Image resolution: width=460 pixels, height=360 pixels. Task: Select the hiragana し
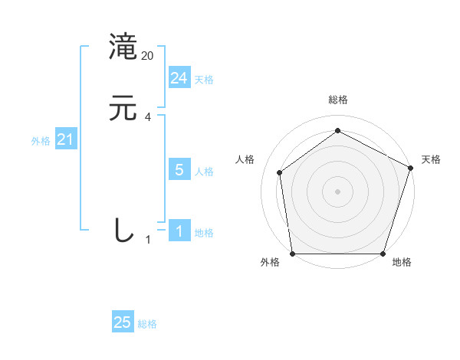pyautogui.click(x=123, y=230)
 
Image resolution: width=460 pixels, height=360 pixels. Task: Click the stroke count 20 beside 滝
pyautogui.click(x=148, y=56)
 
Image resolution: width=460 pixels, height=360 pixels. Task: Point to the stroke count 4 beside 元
pyautogui.click(x=148, y=117)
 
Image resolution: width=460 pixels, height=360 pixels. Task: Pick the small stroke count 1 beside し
pyautogui.click(x=148, y=240)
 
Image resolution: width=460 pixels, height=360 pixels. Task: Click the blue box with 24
pyautogui.click(x=179, y=78)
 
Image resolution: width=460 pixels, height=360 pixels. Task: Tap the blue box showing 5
pyautogui.click(x=179, y=170)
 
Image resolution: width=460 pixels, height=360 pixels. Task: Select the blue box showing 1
pyautogui.click(x=179, y=231)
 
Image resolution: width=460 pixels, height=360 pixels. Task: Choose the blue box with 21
pyautogui.click(x=66, y=139)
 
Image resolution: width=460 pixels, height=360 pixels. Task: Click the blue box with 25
pyautogui.click(x=123, y=322)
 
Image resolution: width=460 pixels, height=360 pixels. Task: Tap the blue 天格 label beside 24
pyautogui.click(x=204, y=80)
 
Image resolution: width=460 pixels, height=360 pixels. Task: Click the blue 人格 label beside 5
pyautogui.click(x=204, y=172)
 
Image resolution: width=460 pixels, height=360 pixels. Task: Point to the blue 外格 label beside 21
pyautogui.click(x=41, y=141)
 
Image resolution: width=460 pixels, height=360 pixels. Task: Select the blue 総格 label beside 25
pyautogui.click(x=147, y=324)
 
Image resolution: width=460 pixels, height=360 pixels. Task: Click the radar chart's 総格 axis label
pyautogui.click(x=338, y=100)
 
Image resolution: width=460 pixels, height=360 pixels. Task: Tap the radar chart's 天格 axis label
pyautogui.click(x=431, y=159)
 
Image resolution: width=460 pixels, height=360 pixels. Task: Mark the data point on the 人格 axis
pyautogui.click(x=280, y=172)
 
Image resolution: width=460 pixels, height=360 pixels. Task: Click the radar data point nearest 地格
pyautogui.click(x=383, y=254)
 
